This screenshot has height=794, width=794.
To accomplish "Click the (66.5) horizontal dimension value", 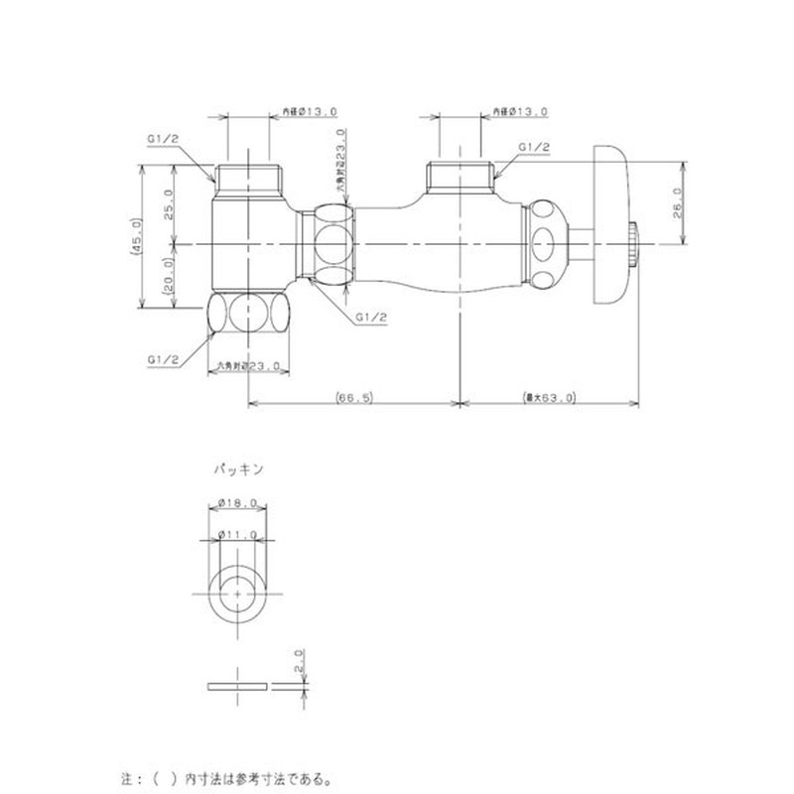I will point(354,397).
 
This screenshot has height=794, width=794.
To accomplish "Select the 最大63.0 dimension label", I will point(549,397).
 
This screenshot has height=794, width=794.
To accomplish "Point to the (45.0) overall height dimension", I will point(140,238).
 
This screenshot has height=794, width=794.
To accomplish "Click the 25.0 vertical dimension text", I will point(169,204).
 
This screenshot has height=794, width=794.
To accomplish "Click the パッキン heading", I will point(237,463).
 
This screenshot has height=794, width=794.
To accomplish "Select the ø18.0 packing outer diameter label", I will point(240,504).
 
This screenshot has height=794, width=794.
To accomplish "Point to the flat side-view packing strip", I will point(239,686).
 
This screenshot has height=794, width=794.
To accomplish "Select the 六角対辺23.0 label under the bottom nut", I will point(248,366).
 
